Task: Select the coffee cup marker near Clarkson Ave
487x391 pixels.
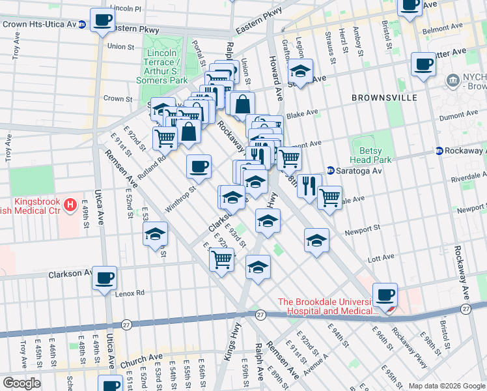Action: [104, 278]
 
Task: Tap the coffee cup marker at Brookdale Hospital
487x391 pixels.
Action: [385, 294]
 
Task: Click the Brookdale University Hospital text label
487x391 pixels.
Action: [327, 306]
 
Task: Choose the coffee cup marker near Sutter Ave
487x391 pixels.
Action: [423, 64]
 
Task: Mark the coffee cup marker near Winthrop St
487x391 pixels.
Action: [199, 166]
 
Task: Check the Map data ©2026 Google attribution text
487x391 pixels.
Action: [447, 385]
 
